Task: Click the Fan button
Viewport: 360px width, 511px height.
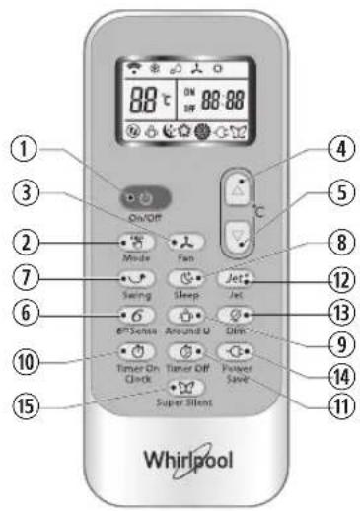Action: click(x=183, y=241)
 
